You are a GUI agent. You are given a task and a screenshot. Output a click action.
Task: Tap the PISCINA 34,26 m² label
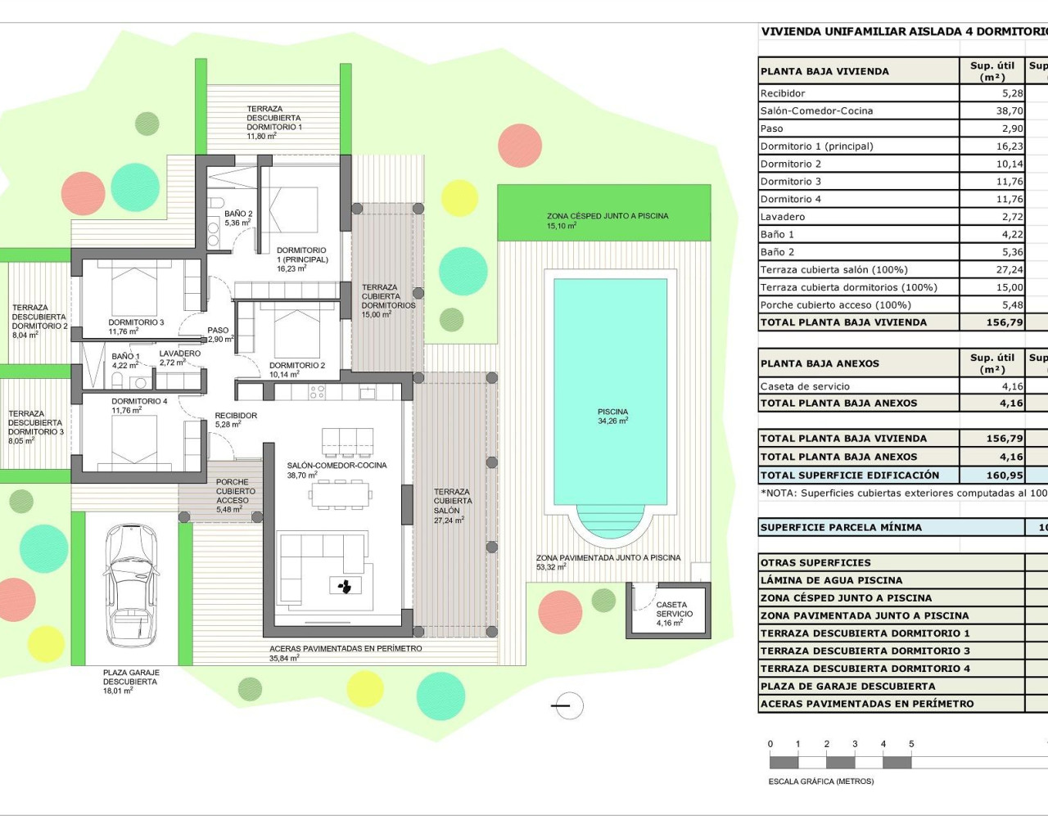612,417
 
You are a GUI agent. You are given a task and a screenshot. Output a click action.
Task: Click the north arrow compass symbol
568,705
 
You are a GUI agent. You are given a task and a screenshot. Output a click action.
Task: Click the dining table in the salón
339,494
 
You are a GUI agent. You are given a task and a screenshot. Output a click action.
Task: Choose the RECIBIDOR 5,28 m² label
236,420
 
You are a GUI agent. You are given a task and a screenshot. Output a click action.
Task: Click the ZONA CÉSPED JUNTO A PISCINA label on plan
607,220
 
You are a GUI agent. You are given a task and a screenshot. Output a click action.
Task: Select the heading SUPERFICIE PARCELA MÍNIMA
841,528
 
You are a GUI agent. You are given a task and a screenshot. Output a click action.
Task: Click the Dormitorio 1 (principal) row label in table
816,146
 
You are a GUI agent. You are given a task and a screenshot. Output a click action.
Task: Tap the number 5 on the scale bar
911,744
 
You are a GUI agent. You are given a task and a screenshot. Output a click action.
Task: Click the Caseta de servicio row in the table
805,386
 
